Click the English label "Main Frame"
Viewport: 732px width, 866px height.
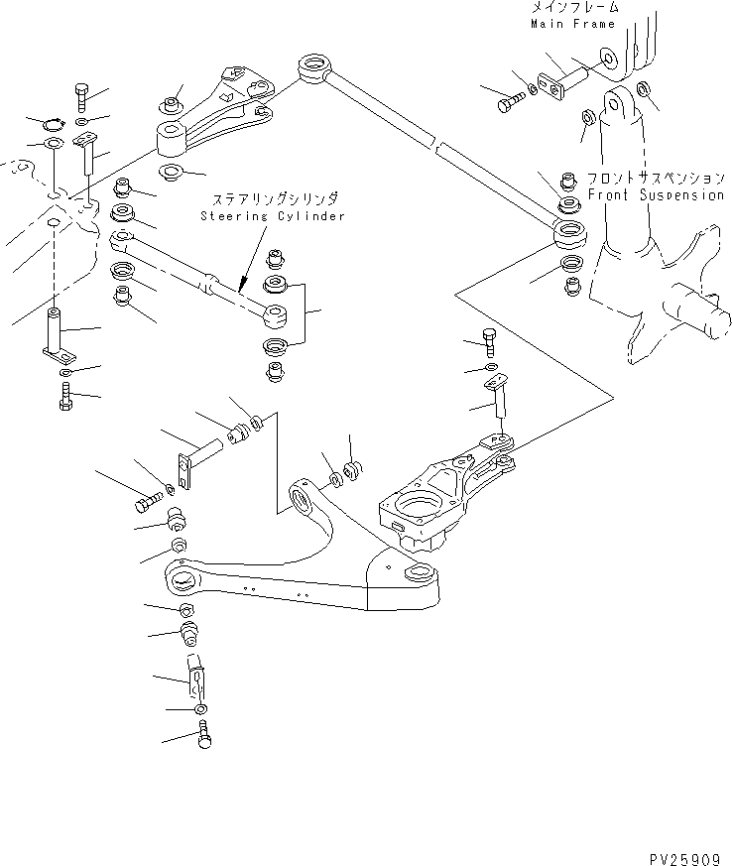pos(572,23)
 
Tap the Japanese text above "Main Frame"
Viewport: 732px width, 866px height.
pos(573,8)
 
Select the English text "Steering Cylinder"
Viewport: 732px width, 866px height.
pos(272,215)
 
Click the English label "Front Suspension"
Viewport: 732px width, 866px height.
pos(656,195)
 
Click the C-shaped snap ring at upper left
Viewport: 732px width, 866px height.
pos(53,123)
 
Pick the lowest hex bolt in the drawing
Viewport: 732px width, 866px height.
pos(204,735)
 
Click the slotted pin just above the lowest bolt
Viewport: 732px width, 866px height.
pos(196,677)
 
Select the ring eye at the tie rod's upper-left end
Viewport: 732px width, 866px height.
pos(312,69)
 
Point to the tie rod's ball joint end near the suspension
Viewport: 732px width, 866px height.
pos(570,236)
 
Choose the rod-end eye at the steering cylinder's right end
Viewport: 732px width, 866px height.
pos(274,316)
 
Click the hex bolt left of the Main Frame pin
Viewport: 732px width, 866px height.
pos(510,101)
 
